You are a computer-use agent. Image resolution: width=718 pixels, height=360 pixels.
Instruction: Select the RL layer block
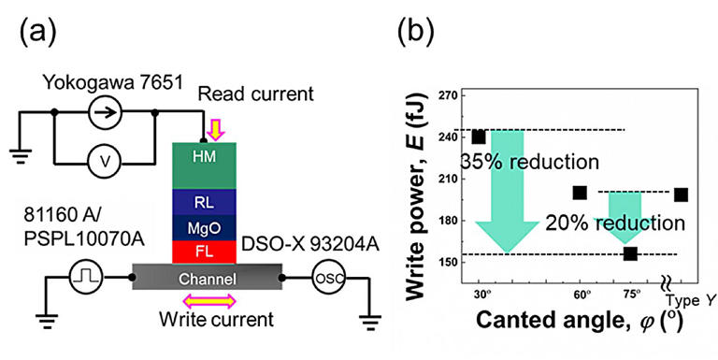(x=203, y=201)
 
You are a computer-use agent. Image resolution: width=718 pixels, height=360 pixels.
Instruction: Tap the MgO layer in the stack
(x=203, y=227)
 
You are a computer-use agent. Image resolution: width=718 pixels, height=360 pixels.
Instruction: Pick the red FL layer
(x=203, y=252)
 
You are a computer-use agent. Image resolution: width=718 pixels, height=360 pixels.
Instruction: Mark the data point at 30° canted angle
(x=479, y=137)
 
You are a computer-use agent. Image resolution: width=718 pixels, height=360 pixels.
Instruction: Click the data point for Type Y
(x=681, y=194)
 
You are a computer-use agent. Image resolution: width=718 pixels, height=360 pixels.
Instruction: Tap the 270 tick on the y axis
(x=448, y=96)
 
